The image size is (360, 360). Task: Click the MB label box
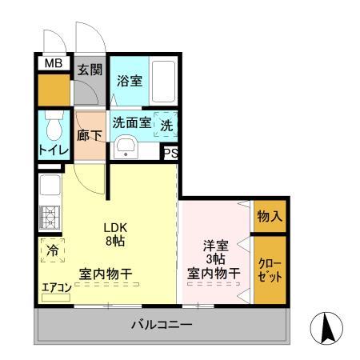click(53, 63)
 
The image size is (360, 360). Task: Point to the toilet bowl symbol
click(54, 127)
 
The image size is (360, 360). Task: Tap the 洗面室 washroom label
click(131, 124)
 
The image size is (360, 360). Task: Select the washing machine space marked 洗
click(166, 125)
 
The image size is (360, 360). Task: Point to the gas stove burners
click(50, 217)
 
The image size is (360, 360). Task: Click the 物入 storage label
click(269, 215)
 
